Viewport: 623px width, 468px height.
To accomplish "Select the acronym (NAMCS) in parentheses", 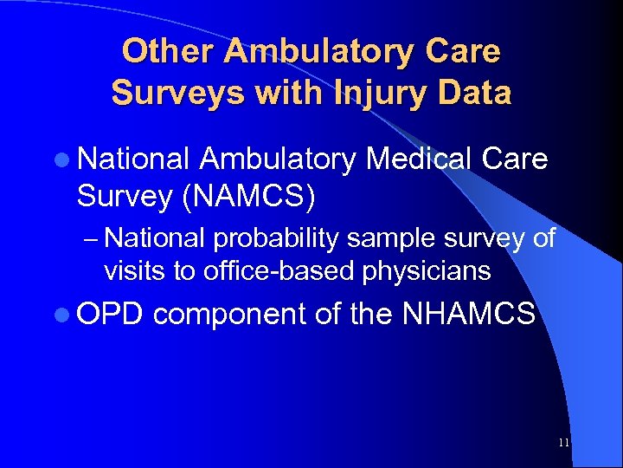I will tap(247, 196).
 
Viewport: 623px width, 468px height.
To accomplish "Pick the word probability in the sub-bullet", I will tap(273, 238).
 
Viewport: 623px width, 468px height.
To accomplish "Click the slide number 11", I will tap(563, 443).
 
